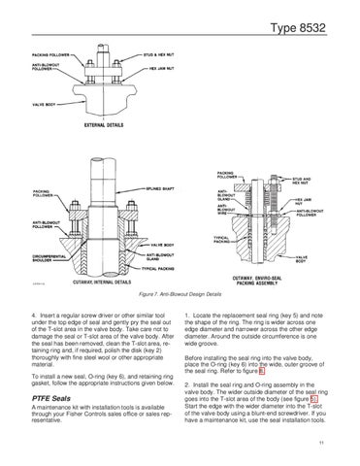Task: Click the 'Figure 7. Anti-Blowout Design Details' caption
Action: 180,292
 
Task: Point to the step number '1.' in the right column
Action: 186,316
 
